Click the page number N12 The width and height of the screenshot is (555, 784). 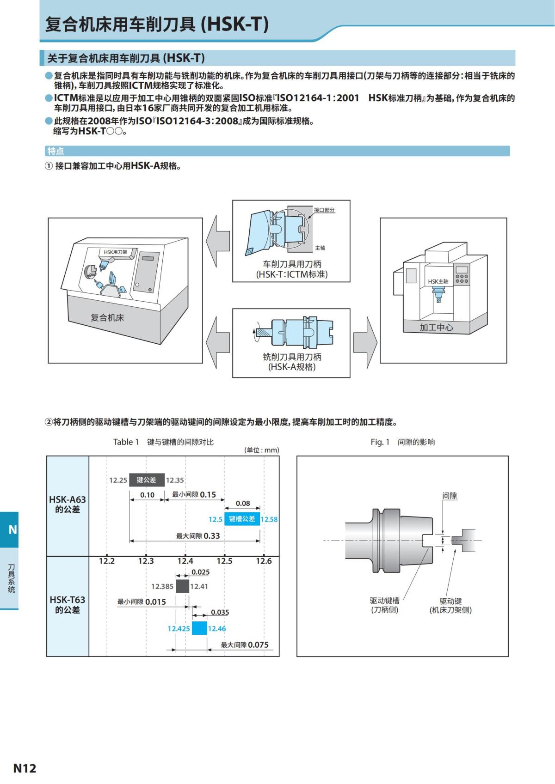click(25, 768)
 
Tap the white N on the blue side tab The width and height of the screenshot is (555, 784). click(12, 529)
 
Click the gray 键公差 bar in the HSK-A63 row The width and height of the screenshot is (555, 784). click(147, 480)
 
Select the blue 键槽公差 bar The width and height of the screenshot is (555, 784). click(242, 519)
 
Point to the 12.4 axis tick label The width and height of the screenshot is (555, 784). click(185, 561)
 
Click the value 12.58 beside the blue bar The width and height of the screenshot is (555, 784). click(269, 519)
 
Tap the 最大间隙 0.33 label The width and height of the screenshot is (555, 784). click(198, 536)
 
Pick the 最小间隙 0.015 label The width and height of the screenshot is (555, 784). click(142, 602)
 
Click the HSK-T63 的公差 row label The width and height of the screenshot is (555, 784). click(68, 605)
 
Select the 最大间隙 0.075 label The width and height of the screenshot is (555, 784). click(245, 645)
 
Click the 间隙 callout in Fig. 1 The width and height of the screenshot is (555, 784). click(450, 496)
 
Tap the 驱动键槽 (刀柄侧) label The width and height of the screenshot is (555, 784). click(384, 605)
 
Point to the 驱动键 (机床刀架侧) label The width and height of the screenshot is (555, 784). click(450, 606)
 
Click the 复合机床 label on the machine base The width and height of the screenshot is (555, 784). click(107, 318)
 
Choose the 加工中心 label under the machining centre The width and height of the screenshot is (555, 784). click(436, 328)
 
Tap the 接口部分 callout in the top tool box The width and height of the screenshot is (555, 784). click(324, 210)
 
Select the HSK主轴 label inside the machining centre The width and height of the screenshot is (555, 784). click(438, 281)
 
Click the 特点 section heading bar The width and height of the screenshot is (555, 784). click(277, 151)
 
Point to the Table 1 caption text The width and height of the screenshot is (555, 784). click(163, 442)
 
